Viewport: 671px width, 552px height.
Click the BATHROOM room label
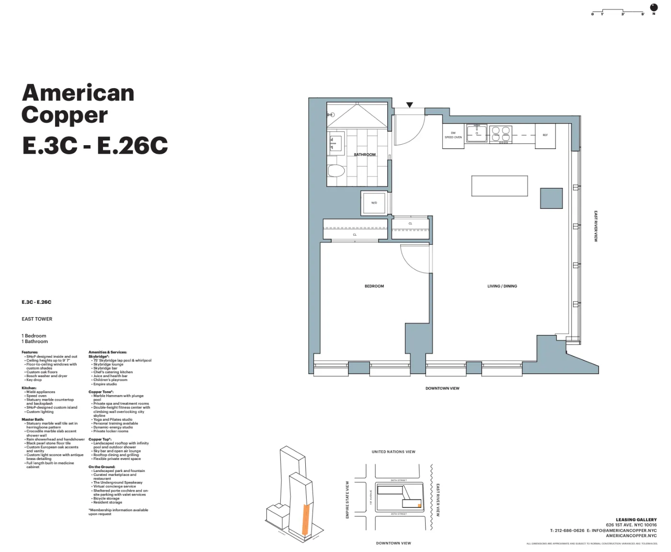[365, 155]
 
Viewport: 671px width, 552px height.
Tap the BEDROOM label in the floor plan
[374, 286]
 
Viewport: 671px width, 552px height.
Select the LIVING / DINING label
[502, 286]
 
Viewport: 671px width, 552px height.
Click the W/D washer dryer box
[374, 203]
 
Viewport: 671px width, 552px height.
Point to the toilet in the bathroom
[336, 171]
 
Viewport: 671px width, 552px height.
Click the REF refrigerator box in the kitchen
[545, 136]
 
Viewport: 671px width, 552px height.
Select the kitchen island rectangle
[499, 186]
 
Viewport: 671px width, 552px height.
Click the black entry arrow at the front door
[409, 105]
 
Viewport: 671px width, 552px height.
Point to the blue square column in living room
[551, 198]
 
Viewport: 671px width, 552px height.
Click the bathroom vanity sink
[335, 144]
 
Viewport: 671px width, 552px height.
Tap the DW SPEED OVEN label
[453, 135]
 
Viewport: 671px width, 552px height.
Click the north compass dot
[654, 7]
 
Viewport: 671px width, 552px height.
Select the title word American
[78, 93]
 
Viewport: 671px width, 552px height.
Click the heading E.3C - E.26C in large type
[95, 146]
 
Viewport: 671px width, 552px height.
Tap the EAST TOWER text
[37, 319]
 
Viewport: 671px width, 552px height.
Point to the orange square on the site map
[419, 506]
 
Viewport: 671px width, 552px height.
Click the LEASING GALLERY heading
[636, 519]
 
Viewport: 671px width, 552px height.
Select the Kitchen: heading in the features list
[29, 388]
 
